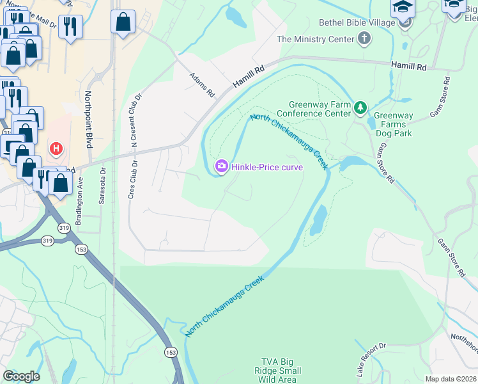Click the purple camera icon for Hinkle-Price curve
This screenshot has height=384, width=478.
pos(221,166)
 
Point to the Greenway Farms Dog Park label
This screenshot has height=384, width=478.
pos(392,125)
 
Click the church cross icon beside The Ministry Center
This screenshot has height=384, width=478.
pos(364,39)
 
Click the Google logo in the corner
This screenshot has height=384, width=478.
pos(20,376)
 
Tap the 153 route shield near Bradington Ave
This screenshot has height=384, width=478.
pos(81,248)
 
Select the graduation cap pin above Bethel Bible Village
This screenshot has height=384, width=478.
pos(403,8)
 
